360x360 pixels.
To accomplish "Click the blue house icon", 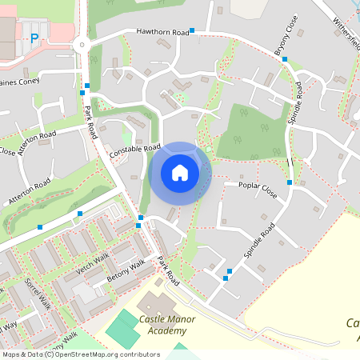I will [x=180, y=173].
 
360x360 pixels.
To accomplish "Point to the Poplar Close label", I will [x=257, y=190].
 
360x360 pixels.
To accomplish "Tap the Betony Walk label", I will [x=126, y=271].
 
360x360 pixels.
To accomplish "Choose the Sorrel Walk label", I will [x=37, y=294].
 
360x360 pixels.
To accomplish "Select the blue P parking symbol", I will [x=34, y=38].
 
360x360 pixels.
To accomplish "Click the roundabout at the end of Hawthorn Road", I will [x=81, y=45].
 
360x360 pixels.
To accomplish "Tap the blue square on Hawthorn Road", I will [x=192, y=30].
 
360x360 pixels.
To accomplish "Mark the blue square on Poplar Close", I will [x=290, y=182].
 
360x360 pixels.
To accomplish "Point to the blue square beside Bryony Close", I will [x=285, y=59].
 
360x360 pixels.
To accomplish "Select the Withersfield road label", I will [x=347, y=32].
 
